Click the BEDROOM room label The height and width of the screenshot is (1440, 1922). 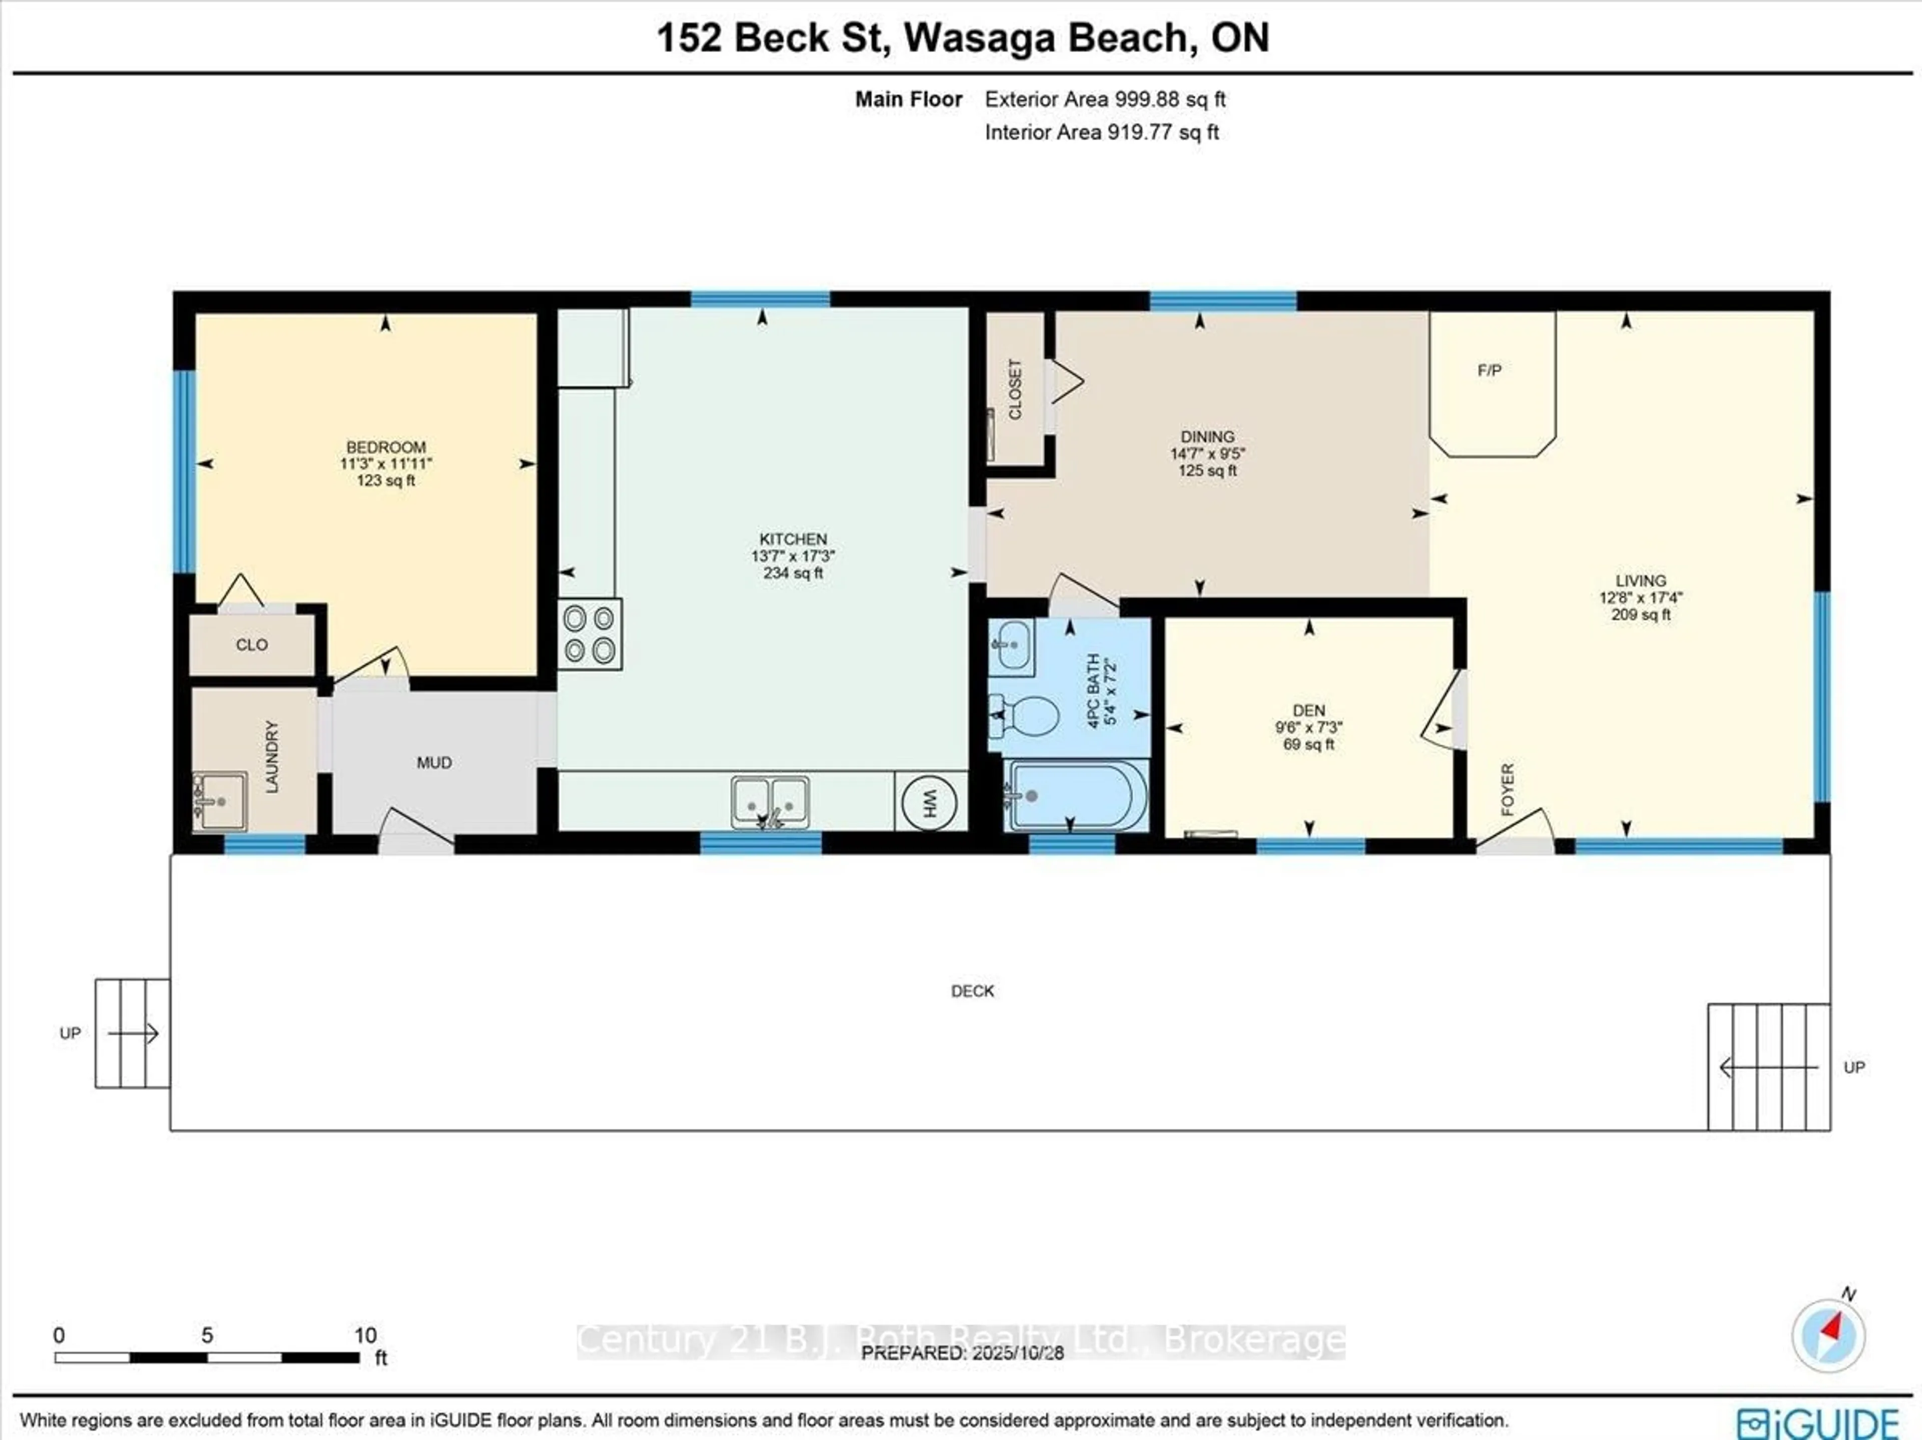click(386, 446)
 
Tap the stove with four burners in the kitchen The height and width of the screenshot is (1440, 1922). click(589, 634)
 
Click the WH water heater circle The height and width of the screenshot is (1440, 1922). click(929, 801)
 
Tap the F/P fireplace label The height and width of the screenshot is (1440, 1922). click(1489, 370)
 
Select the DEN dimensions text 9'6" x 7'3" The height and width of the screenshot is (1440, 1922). click(1308, 727)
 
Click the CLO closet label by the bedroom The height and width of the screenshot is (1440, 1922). click(252, 644)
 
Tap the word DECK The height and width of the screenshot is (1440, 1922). click(973, 991)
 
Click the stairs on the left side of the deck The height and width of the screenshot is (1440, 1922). click(132, 1033)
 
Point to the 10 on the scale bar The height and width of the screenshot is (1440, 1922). click(365, 1335)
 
